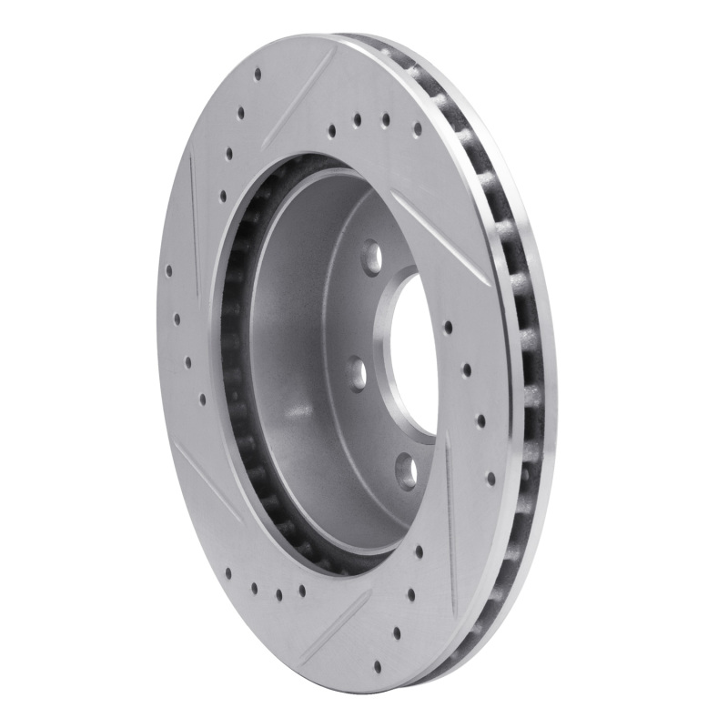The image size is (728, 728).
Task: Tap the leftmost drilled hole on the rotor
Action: pos(168,270)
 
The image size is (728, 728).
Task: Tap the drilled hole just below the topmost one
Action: pos(240,115)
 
